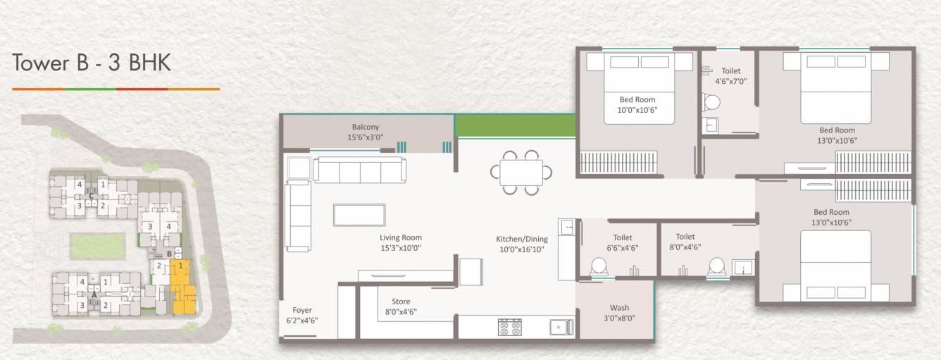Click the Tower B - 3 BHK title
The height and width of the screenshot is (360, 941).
tap(92, 63)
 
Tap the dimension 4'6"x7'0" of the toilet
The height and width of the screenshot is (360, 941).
tap(730, 81)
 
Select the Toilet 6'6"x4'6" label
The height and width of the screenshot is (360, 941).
tap(623, 242)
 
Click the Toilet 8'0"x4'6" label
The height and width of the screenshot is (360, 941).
tap(685, 242)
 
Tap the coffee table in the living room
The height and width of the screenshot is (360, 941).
tap(359, 215)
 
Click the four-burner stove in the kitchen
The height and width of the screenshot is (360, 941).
tap(510, 327)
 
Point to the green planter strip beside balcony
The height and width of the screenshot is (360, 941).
tap(515, 125)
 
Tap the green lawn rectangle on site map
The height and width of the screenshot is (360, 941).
tap(98, 246)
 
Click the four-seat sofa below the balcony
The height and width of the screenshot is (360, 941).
tap(359, 170)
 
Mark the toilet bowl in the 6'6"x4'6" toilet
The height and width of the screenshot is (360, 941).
tap(599, 267)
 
